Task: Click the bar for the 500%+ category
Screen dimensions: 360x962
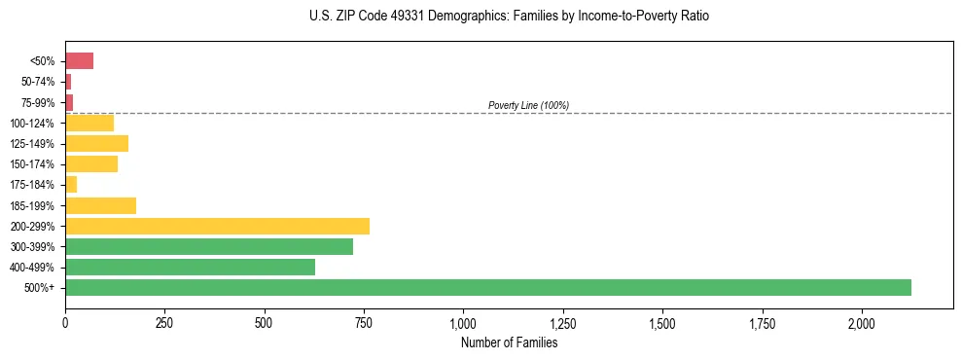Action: [487, 287]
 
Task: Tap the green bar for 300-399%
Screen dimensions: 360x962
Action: [209, 246]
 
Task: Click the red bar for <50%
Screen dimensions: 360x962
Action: [79, 61]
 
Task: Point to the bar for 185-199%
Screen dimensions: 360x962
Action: [100, 205]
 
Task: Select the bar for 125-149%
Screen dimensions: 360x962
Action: [96, 144]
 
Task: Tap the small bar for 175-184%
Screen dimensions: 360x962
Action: [71, 185]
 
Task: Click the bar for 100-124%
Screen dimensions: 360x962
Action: [89, 123]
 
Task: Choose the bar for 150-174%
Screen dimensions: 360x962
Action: [91, 164]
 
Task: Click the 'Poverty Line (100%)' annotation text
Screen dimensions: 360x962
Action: [528, 105]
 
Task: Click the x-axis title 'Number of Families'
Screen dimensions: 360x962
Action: [509, 342]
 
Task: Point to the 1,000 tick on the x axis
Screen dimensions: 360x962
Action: [463, 323]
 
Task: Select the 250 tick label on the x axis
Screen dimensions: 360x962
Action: [164, 323]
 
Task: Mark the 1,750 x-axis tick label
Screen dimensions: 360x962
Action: [762, 323]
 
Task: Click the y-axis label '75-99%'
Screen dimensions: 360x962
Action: [38, 103]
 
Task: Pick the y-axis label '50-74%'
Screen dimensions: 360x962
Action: [38, 82]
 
